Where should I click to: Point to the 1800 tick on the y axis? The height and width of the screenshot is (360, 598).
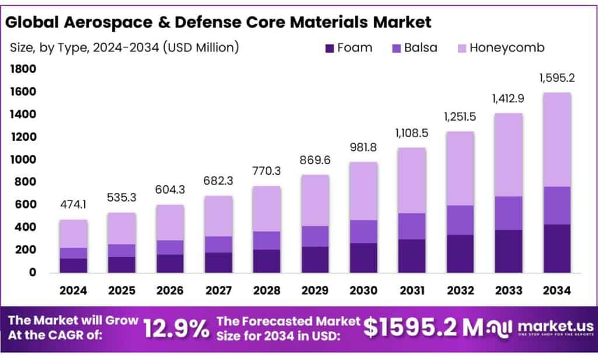tap(23, 70)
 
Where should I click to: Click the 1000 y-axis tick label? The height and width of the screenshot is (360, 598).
tap(23, 160)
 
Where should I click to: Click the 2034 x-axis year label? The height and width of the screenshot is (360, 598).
tap(552, 290)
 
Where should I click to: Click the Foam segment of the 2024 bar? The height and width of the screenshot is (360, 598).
tap(73, 265)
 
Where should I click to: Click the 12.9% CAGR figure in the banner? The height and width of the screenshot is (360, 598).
tap(176, 328)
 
